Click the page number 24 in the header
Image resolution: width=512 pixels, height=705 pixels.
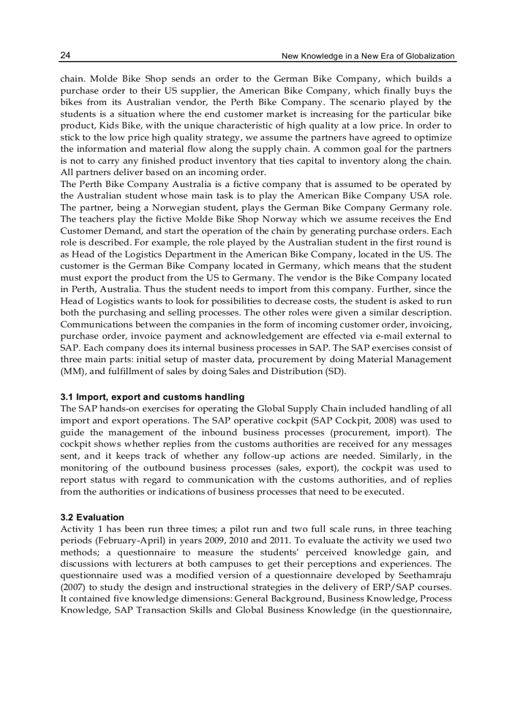[x=65, y=55]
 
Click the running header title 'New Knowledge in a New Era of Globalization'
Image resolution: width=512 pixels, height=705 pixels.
[x=368, y=56]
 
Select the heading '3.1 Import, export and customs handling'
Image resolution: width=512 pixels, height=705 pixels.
[x=152, y=397]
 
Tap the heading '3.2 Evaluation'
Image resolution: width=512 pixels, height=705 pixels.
[x=92, y=517]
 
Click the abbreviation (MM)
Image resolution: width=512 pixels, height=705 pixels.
[x=72, y=371]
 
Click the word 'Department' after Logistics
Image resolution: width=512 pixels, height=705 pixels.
[x=196, y=254]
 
